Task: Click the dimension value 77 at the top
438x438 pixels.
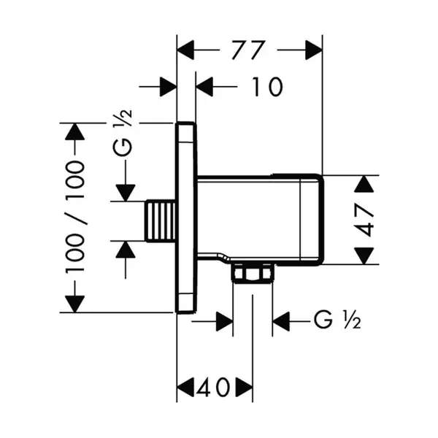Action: pyautogui.click(x=247, y=50)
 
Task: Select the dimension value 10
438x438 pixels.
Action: pyautogui.click(x=268, y=87)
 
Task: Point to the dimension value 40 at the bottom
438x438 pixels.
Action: pyautogui.click(x=214, y=388)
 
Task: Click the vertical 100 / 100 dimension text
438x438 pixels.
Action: pyautogui.click(x=74, y=218)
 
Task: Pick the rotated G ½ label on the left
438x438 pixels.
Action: pyautogui.click(x=123, y=133)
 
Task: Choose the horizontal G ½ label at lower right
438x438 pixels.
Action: pyautogui.click(x=337, y=320)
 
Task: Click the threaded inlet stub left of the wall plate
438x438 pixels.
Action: pyautogui.click(x=161, y=220)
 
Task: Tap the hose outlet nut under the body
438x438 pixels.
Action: pyautogui.click(x=253, y=272)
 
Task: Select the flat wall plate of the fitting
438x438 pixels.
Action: pyautogui.click(x=186, y=218)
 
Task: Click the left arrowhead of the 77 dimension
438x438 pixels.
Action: pyautogui.click(x=185, y=50)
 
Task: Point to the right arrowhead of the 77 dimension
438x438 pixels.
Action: pyautogui.click(x=314, y=50)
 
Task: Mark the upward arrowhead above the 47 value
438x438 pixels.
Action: pyautogui.click(x=364, y=184)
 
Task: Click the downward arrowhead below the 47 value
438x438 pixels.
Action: pyautogui.click(x=364, y=255)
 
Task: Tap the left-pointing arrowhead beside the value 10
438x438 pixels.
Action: pyautogui.click(x=204, y=87)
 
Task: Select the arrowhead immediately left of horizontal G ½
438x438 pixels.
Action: pyautogui.click(x=281, y=321)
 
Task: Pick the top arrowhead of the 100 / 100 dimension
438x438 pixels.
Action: pyautogui.click(x=74, y=131)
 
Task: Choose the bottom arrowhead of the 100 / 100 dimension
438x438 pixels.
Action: pyautogui.click(x=74, y=304)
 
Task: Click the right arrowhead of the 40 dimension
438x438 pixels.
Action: pyautogui.click(x=245, y=388)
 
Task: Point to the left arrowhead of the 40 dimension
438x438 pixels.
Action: pyautogui.click(x=185, y=388)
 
